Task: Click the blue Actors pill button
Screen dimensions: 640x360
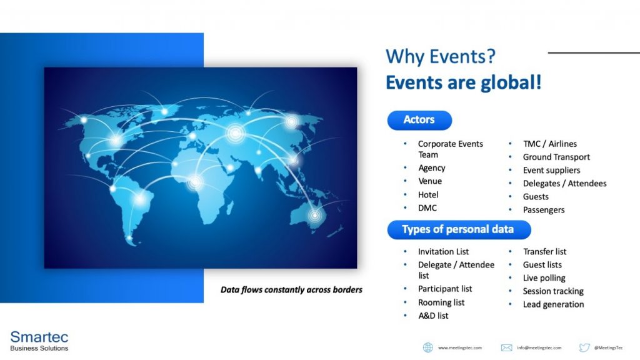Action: (x=419, y=120)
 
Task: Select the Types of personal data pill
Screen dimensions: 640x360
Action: (x=459, y=229)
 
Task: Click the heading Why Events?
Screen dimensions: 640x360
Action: (x=441, y=56)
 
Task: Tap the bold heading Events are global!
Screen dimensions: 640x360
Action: (x=464, y=82)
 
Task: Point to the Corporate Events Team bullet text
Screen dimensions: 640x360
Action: (x=450, y=149)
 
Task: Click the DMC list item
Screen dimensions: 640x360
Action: (x=427, y=207)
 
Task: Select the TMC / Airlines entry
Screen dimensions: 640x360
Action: (x=550, y=144)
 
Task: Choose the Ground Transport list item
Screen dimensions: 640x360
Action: (x=556, y=157)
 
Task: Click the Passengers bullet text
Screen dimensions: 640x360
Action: (x=544, y=210)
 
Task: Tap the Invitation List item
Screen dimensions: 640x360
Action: (x=443, y=251)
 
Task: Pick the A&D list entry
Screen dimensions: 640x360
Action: (x=433, y=316)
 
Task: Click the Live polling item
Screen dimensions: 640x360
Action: (x=544, y=278)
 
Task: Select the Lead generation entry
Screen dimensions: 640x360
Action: (x=554, y=304)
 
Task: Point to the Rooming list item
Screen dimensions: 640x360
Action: (x=441, y=302)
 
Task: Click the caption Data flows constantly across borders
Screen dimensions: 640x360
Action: (x=291, y=290)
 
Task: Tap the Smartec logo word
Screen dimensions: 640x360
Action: (x=39, y=337)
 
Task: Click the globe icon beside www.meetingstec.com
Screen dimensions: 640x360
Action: (x=427, y=347)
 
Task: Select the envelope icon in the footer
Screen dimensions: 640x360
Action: (x=506, y=347)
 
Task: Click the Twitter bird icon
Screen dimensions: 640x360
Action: (x=584, y=347)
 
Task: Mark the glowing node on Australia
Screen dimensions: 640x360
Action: (x=315, y=215)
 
